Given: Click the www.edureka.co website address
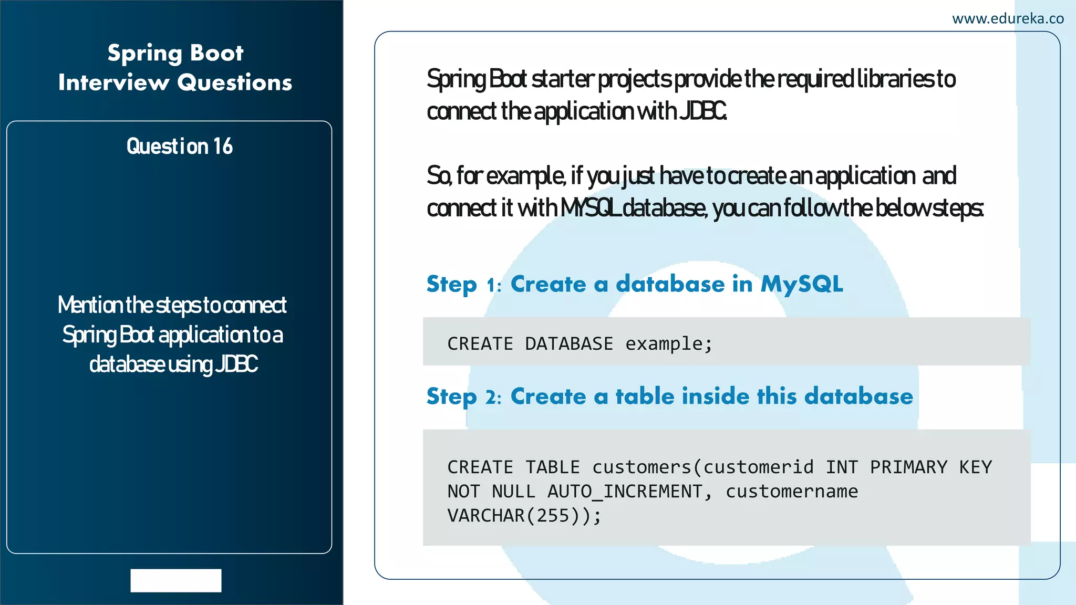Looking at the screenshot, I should tap(1007, 19).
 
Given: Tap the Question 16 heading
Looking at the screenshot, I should tap(179, 147).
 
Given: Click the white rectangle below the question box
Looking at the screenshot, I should tap(176, 580).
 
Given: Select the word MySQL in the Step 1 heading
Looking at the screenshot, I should tap(802, 285).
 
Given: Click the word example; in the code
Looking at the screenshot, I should tap(668, 344).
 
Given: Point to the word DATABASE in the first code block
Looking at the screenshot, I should tap(568, 344).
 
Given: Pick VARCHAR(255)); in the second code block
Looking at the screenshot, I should tap(524, 516).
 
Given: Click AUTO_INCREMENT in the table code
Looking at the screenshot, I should tap(625, 492).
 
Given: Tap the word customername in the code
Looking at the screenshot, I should tap(791, 492).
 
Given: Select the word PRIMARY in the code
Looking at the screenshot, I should tap(908, 467).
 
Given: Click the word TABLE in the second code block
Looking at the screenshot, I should tap(552, 467).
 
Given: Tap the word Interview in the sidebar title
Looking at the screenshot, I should tap(113, 83).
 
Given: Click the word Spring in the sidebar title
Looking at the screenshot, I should tap(144, 54).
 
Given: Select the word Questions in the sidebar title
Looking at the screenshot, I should tap(234, 83).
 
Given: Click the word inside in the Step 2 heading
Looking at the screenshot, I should tap(715, 397).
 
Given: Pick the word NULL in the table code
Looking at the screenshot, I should tap(513, 492).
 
